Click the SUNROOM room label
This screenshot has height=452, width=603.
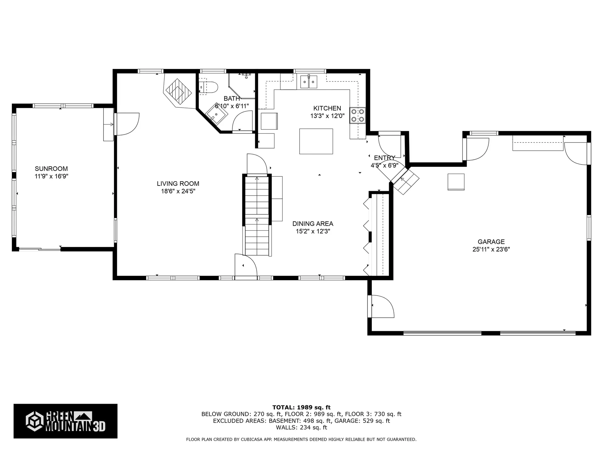(x=51, y=169)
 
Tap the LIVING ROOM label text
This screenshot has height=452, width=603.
(x=178, y=184)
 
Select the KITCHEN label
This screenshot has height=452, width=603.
(x=327, y=108)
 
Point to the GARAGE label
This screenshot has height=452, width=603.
(x=491, y=242)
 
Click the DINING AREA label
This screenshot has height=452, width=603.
(x=313, y=224)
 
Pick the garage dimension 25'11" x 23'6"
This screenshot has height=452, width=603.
(x=491, y=250)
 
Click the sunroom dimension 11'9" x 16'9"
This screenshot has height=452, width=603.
(x=52, y=176)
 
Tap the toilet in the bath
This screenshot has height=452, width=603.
(x=208, y=87)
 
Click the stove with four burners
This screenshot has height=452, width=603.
(x=357, y=115)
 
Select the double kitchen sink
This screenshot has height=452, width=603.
(x=309, y=82)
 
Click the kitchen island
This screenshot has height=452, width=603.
(x=316, y=141)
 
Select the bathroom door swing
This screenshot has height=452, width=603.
(x=242, y=121)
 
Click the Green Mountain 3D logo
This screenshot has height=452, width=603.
(x=65, y=421)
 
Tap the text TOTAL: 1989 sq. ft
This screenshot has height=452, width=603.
(x=301, y=407)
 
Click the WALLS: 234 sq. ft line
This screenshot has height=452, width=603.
(x=301, y=428)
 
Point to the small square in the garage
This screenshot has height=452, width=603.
(x=456, y=182)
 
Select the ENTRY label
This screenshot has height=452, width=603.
(x=384, y=158)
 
